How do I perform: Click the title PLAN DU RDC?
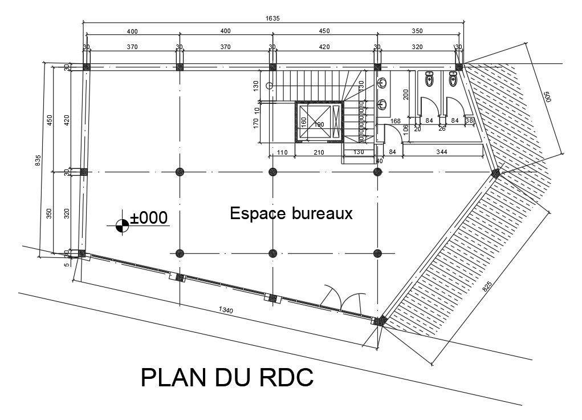[227, 378]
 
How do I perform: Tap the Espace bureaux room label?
[291, 213]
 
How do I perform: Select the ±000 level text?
[148, 217]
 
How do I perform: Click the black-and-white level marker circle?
[121, 225]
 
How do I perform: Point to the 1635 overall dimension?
[272, 18]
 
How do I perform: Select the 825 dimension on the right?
[488, 286]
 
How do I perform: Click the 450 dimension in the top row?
[324, 31]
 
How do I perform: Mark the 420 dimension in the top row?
[324, 47]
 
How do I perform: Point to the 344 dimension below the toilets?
[441, 151]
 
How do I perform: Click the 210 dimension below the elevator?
[319, 151]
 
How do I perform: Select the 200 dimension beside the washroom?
[406, 94]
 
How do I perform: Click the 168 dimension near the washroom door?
[396, 120]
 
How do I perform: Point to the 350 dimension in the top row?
[417, 31]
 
